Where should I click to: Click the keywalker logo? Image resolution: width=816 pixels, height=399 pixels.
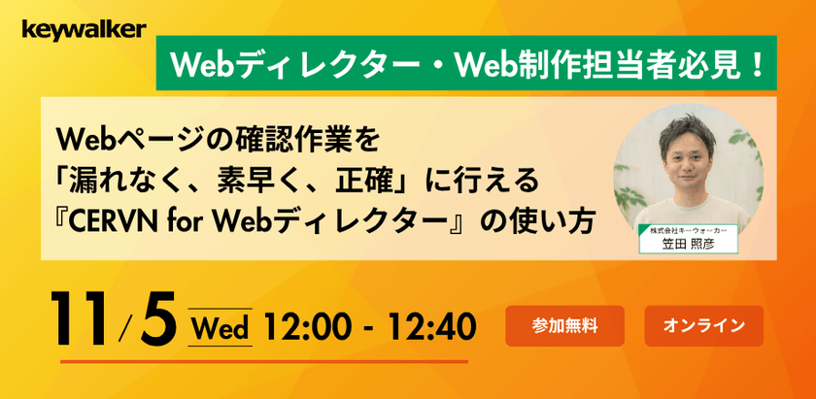85,29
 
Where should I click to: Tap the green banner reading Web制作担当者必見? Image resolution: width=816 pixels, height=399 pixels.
466,65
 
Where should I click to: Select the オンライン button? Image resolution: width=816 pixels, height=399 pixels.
703,325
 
